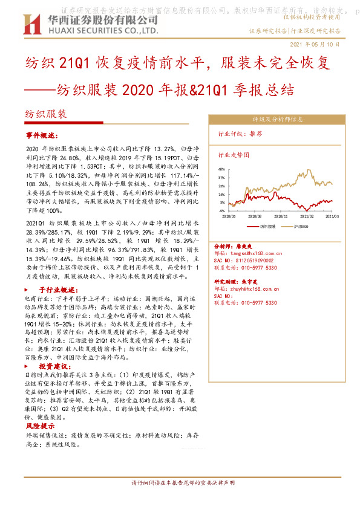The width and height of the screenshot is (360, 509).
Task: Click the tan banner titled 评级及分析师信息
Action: pyautogui.click(x=277, y=120)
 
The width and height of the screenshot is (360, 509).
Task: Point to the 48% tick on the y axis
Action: pyautogui.click(x=221, y=170)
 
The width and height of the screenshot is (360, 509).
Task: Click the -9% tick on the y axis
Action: pyautogui.click(x=221, y=211)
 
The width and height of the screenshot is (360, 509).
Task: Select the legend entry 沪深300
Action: pyautogui.click(x=303, y=226)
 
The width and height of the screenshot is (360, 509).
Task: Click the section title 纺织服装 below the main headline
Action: pyautogui.click(x=46, y=114)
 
